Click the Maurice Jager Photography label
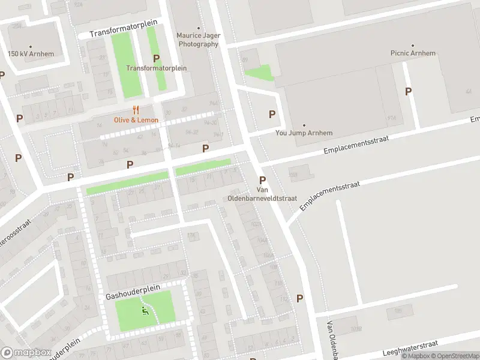pyautogui.click(x=198, y=40)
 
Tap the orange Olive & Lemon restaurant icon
pyautogui.click(x=136, y=110)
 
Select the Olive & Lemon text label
pyautogui.click(x=137, y=120)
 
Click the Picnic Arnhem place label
pyautogui.click(x=412, y=53)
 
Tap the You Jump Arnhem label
pyautogui.click(x=304, y=133)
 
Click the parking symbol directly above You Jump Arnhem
pyautogui.click(x=272, y=114)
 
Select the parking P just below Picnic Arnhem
pyautogui.click(x=409, y=91)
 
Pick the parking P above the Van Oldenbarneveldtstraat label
pyautogui.click(x=262, y=180)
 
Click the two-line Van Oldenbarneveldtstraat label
pyautogui.click(x=262, y=193)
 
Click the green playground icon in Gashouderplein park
pyautogui.click(x=144, y=311)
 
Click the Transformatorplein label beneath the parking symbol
pyautogui.click(x=156, y=68)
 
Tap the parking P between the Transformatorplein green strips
pyautogui.click(x=156, y=58)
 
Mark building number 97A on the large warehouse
pyautogui.click(x=393, y=117)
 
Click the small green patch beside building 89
pyautogui.click(x=260, y=73)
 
